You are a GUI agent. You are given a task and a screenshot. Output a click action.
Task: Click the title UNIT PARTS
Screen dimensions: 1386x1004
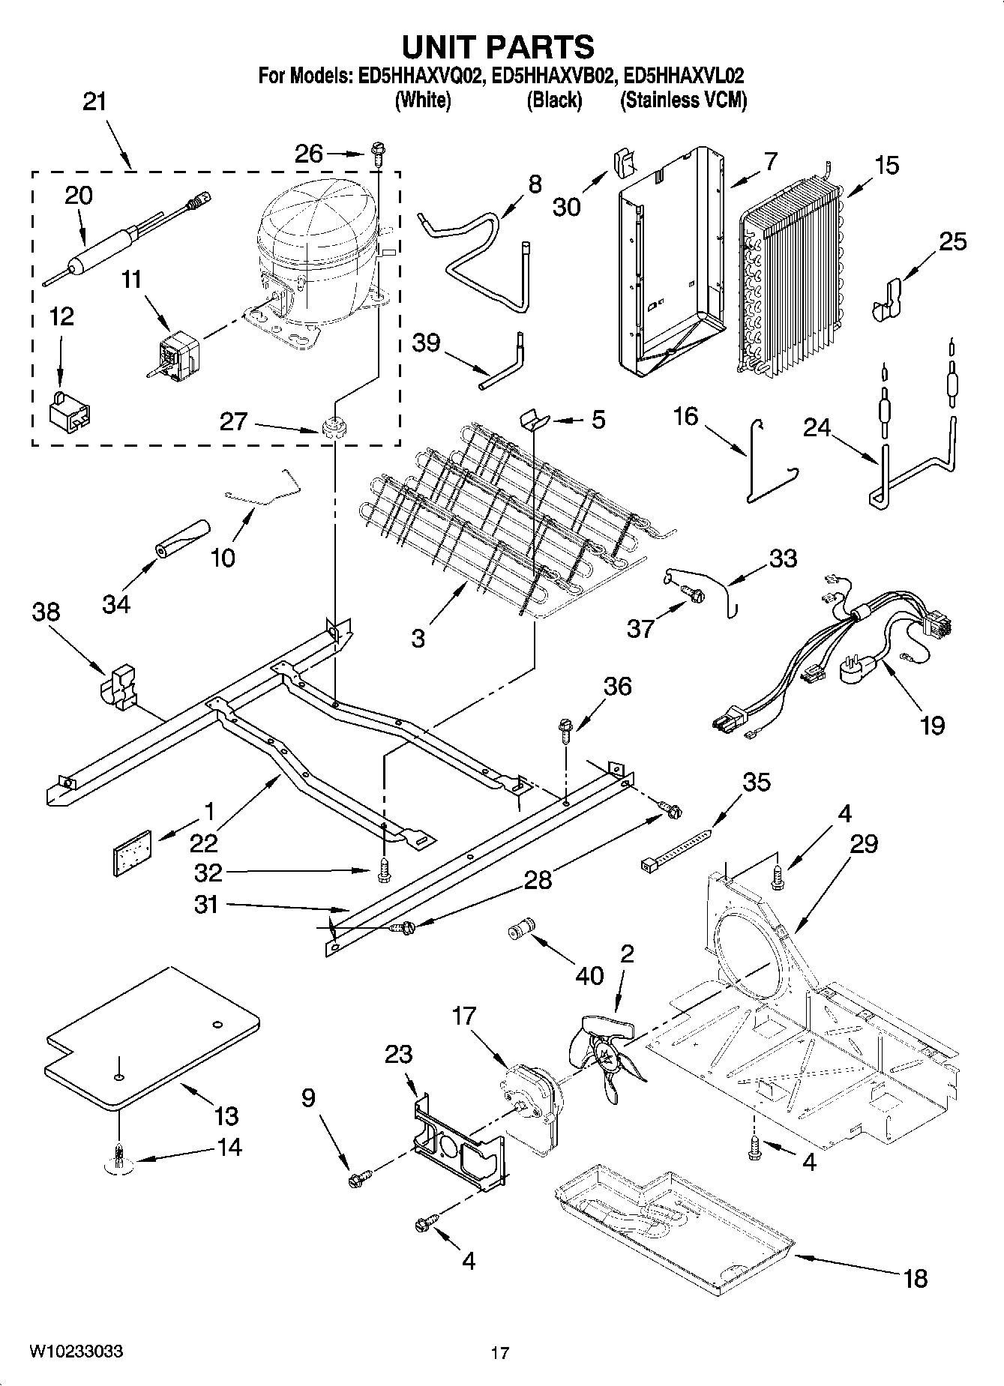[499, 46]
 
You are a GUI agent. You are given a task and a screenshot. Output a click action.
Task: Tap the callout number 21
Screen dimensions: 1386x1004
[94, 102]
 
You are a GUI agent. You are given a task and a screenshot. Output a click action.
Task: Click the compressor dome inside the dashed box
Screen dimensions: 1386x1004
[315, 225]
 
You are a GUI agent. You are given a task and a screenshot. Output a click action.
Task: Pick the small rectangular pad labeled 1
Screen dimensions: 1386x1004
[132, 852]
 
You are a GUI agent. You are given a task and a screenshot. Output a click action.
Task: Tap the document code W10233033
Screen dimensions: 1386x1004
[76, 1352]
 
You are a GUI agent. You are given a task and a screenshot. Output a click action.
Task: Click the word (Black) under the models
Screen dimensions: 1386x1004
[554, 100]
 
